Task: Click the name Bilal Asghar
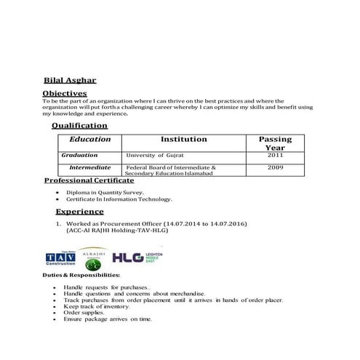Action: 70,81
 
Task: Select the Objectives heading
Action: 65,94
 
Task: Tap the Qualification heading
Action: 79,125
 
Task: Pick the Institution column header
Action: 183,139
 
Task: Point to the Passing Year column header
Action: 275,143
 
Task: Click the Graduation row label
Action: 79,156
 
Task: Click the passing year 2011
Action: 275,156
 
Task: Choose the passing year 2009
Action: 275,167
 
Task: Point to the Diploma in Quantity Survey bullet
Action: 105,192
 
